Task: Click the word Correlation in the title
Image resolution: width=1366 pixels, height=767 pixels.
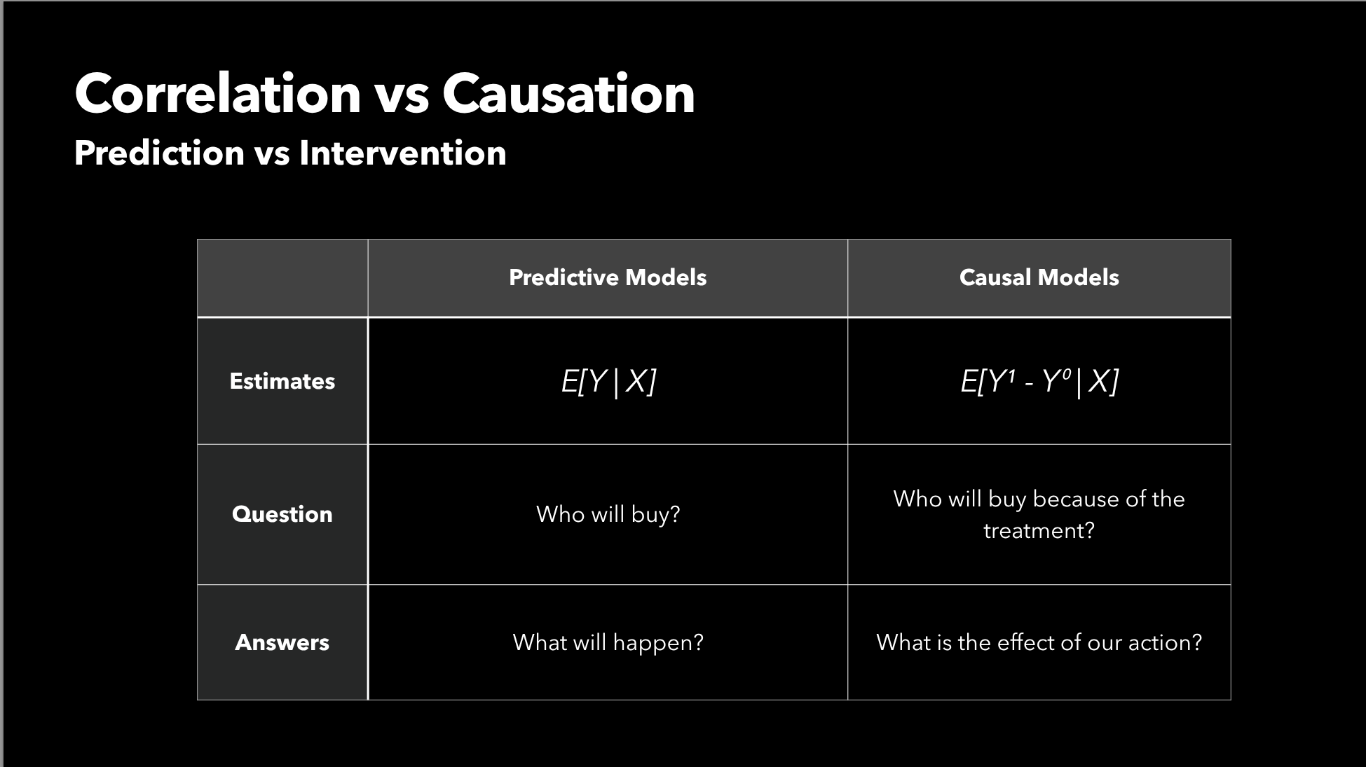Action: coord(218,93)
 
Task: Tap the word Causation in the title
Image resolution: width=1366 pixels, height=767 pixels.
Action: coord(568,93)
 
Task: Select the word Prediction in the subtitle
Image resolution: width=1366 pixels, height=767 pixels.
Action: coord(159,153)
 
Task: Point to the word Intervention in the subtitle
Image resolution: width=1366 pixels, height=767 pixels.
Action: coord(403,153)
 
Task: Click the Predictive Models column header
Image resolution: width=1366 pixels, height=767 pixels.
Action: coord(608,277)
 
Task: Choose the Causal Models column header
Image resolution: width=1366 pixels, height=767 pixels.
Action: coord(1039,277)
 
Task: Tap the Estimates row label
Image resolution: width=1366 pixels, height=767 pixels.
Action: coord(282,381)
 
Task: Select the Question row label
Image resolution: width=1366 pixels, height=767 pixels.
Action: coord(282,514)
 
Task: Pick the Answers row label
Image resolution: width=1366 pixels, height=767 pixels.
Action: coord(282,642)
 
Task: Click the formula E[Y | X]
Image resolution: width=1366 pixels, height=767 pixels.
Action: coord(608,382)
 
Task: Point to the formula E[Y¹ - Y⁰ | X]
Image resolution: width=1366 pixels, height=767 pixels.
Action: coord(1039,382)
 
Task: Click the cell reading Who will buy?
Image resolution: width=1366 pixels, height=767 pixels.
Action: coord(608,514)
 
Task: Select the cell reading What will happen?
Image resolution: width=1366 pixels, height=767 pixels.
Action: coord(608,642)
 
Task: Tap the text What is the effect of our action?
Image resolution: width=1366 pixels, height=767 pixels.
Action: coord(1039,642)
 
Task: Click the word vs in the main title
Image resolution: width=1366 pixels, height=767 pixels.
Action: coord(402,97)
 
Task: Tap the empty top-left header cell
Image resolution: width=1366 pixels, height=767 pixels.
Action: coord(282,278)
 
